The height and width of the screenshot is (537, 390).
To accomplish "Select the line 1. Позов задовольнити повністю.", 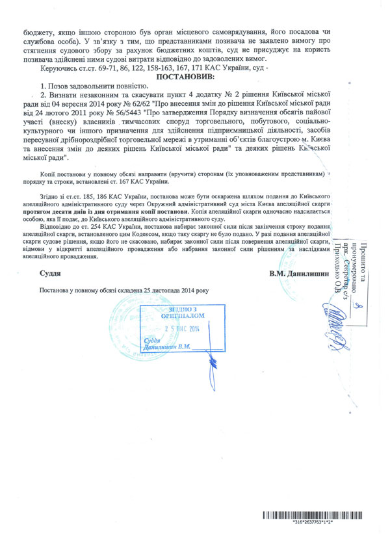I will pos(94,86).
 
